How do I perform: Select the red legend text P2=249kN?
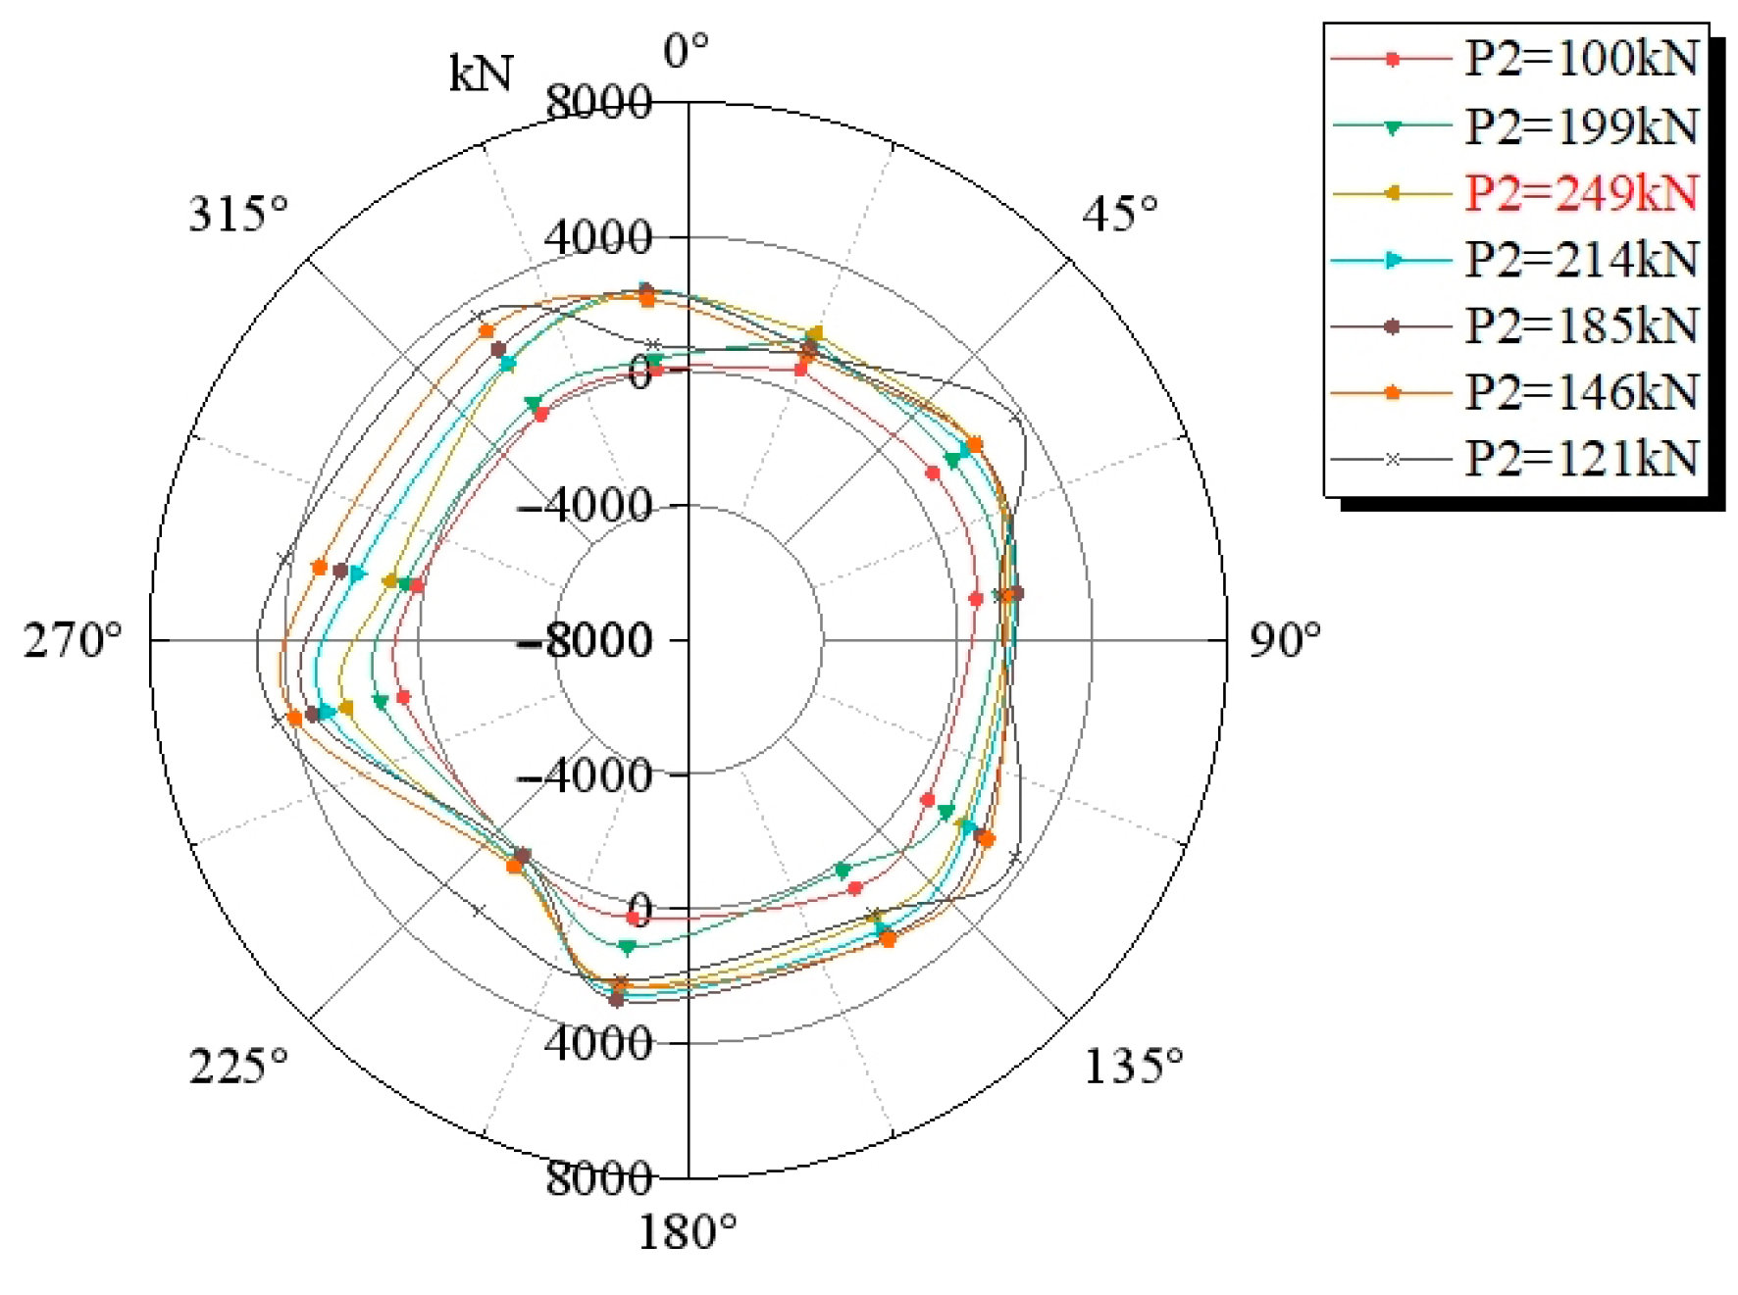pos(1580,193)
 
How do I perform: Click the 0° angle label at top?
pos(686,51)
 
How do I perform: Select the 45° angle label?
pos(1119,213)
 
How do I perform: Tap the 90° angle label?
pos(1284,640)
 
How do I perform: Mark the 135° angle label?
pos(1132,1066)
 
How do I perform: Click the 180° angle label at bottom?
pos(687,1232)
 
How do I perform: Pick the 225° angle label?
pos(238,1066)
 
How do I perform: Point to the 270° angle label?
pos(73,640)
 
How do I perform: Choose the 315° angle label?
pos(238,213)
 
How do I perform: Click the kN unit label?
pos(481,74)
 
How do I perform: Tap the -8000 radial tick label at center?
pos(585,641)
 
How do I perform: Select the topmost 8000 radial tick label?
pos(598,102)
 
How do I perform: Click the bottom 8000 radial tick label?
pos(598,1177)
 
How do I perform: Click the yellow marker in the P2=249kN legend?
pos(1392,193)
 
